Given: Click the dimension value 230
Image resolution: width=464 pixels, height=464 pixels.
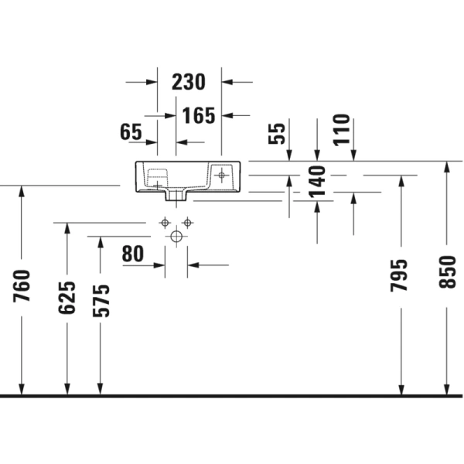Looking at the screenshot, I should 188,81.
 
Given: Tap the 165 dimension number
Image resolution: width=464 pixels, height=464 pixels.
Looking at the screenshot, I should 200,115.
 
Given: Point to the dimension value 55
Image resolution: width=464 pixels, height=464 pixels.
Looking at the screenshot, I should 278,133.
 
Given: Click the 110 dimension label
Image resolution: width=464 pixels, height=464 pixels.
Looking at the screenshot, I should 341,129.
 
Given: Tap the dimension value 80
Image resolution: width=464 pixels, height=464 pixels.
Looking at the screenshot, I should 133,253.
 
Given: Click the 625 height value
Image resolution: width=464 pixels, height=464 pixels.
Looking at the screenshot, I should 67,298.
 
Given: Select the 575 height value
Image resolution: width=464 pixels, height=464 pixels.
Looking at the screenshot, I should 101,301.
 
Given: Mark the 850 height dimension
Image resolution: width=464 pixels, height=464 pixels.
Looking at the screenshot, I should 448,272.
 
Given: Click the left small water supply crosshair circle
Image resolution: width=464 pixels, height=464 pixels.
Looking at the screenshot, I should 164,223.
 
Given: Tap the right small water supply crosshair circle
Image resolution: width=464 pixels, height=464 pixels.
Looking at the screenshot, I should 187,223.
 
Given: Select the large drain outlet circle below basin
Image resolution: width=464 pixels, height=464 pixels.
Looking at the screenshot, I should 176,236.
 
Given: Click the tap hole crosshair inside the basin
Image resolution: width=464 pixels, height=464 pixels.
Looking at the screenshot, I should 221,176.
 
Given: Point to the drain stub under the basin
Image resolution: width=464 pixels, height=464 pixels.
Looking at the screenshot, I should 176,194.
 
